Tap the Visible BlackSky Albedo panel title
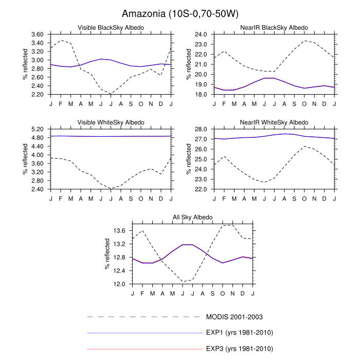point(111,27)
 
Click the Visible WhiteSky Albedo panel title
point(111,122)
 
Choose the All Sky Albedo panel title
point(192,218)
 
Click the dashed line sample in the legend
point(144,316)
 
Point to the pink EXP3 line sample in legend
point(144,349)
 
